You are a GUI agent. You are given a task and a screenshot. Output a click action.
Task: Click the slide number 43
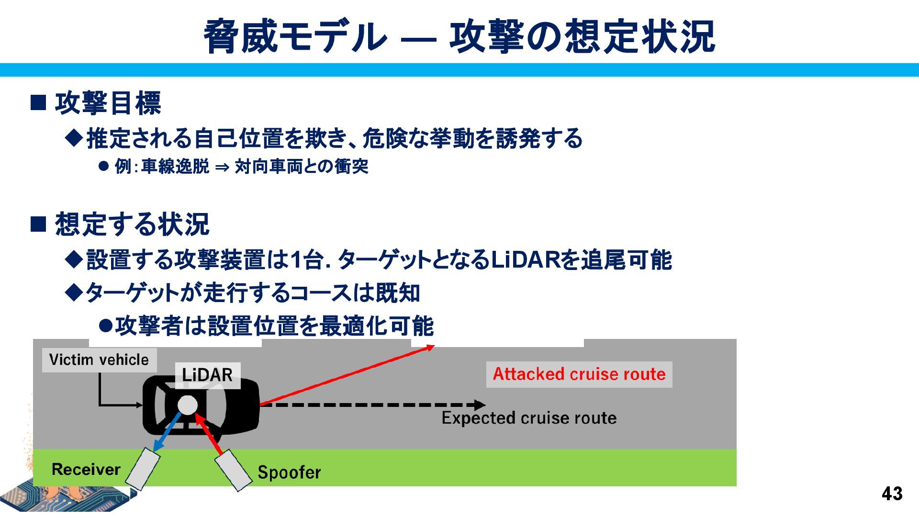(892, 494)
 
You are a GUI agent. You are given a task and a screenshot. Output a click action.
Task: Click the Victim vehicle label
(99, 360)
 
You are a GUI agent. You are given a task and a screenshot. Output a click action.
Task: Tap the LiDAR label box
(207, 375)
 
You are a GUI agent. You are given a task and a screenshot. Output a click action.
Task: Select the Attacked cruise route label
(579, 374)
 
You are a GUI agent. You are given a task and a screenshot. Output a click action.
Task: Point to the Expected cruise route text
(529, 418)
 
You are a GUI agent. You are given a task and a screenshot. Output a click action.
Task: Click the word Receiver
(86, 470)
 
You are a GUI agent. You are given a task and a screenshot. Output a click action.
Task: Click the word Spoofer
(289, 472)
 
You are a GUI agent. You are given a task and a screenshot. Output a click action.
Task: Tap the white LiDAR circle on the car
(187, 405)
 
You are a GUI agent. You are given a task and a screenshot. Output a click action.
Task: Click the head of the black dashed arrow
(480, 405)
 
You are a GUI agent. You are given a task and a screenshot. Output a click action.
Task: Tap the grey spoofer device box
(233, 470)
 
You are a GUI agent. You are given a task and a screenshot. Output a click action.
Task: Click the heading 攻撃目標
(108, 103)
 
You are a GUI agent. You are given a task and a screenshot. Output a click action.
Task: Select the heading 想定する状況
(132, 224)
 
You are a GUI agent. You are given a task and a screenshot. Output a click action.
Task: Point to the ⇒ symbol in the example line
(222, 167)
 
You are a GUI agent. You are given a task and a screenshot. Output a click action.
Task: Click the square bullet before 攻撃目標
(38, 103)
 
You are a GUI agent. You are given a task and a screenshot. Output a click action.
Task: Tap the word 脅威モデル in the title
(295, 36)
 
